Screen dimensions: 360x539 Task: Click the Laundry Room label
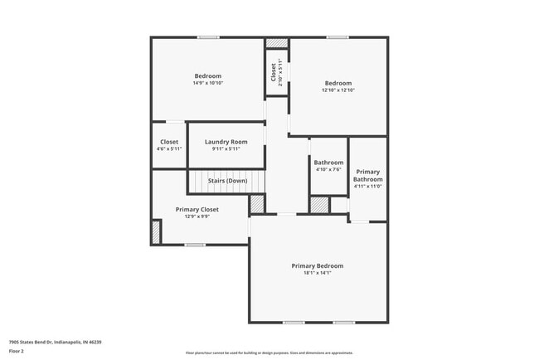pyautogui.click(x=226, y=142)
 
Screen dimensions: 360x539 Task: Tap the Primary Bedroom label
pyautogui.click(x=317, y=265)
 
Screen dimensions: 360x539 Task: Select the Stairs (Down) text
pyautogui.click(x=227, y=180)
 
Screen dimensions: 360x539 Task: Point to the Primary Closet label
pyautogui.click(x=197, y=210)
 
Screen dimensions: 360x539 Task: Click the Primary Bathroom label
pyautogui.click(x=367, y=175)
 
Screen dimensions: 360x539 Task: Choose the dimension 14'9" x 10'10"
pyautogui.click(x=208, y=83)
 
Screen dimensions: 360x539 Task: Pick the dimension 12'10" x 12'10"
pyautogui.click(x=337, y=90)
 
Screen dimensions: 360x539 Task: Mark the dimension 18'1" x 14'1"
pyautogui.click(x=317, y=273)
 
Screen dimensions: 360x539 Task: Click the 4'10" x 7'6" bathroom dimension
pyautogui.click(x=328, y=169)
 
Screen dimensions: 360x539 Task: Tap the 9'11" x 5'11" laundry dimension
pyautogui.click(x=226, y=149)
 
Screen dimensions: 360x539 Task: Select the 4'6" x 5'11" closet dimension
pyautogui.click(x=169, y=149)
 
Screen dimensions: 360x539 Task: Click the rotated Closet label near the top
pyautogui.click(x=274, y=72)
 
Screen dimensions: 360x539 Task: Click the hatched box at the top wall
pyautogui.click(x=276, y=43)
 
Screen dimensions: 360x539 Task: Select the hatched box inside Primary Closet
pyautogui.click(x=155, y=231)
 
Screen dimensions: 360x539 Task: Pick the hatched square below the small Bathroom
pyautogui.click(x=319, y=205)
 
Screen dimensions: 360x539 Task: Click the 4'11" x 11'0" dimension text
pyautogui.click(x=367, y=187)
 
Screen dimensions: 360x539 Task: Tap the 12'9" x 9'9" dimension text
pyautogui.click(x=197, y=217)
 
